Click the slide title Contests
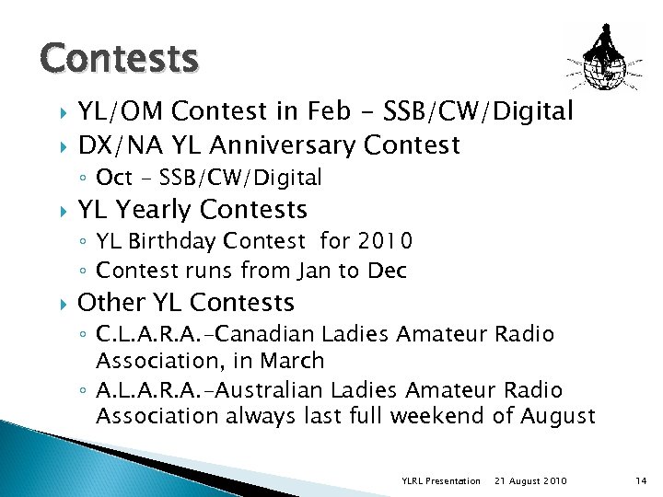tap(119, 58)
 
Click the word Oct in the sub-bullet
tap(114, 178)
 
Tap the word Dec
tap(387, 271)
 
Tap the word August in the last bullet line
tap(557, 416)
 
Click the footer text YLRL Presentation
tap(441, 481)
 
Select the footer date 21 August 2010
tap(530, 481)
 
